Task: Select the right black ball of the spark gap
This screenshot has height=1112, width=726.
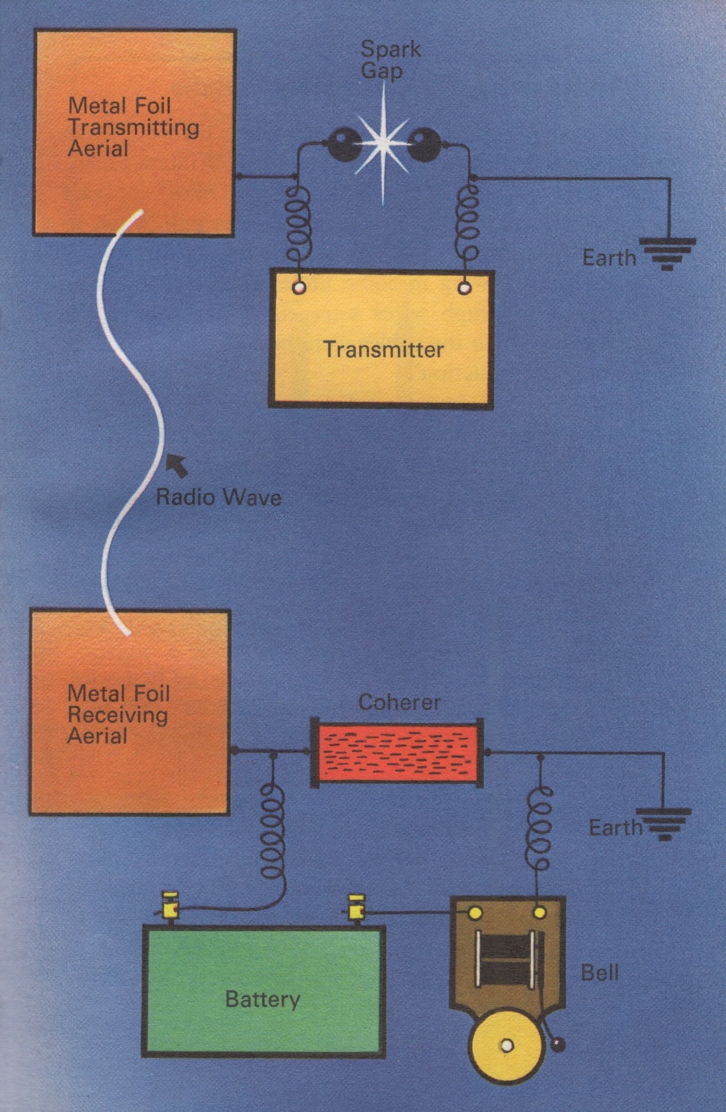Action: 424,143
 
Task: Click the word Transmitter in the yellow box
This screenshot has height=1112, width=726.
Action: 383,349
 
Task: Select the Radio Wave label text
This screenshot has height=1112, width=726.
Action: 218,496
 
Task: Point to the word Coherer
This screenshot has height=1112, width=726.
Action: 399,702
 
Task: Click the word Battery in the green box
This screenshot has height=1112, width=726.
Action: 263,1000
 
